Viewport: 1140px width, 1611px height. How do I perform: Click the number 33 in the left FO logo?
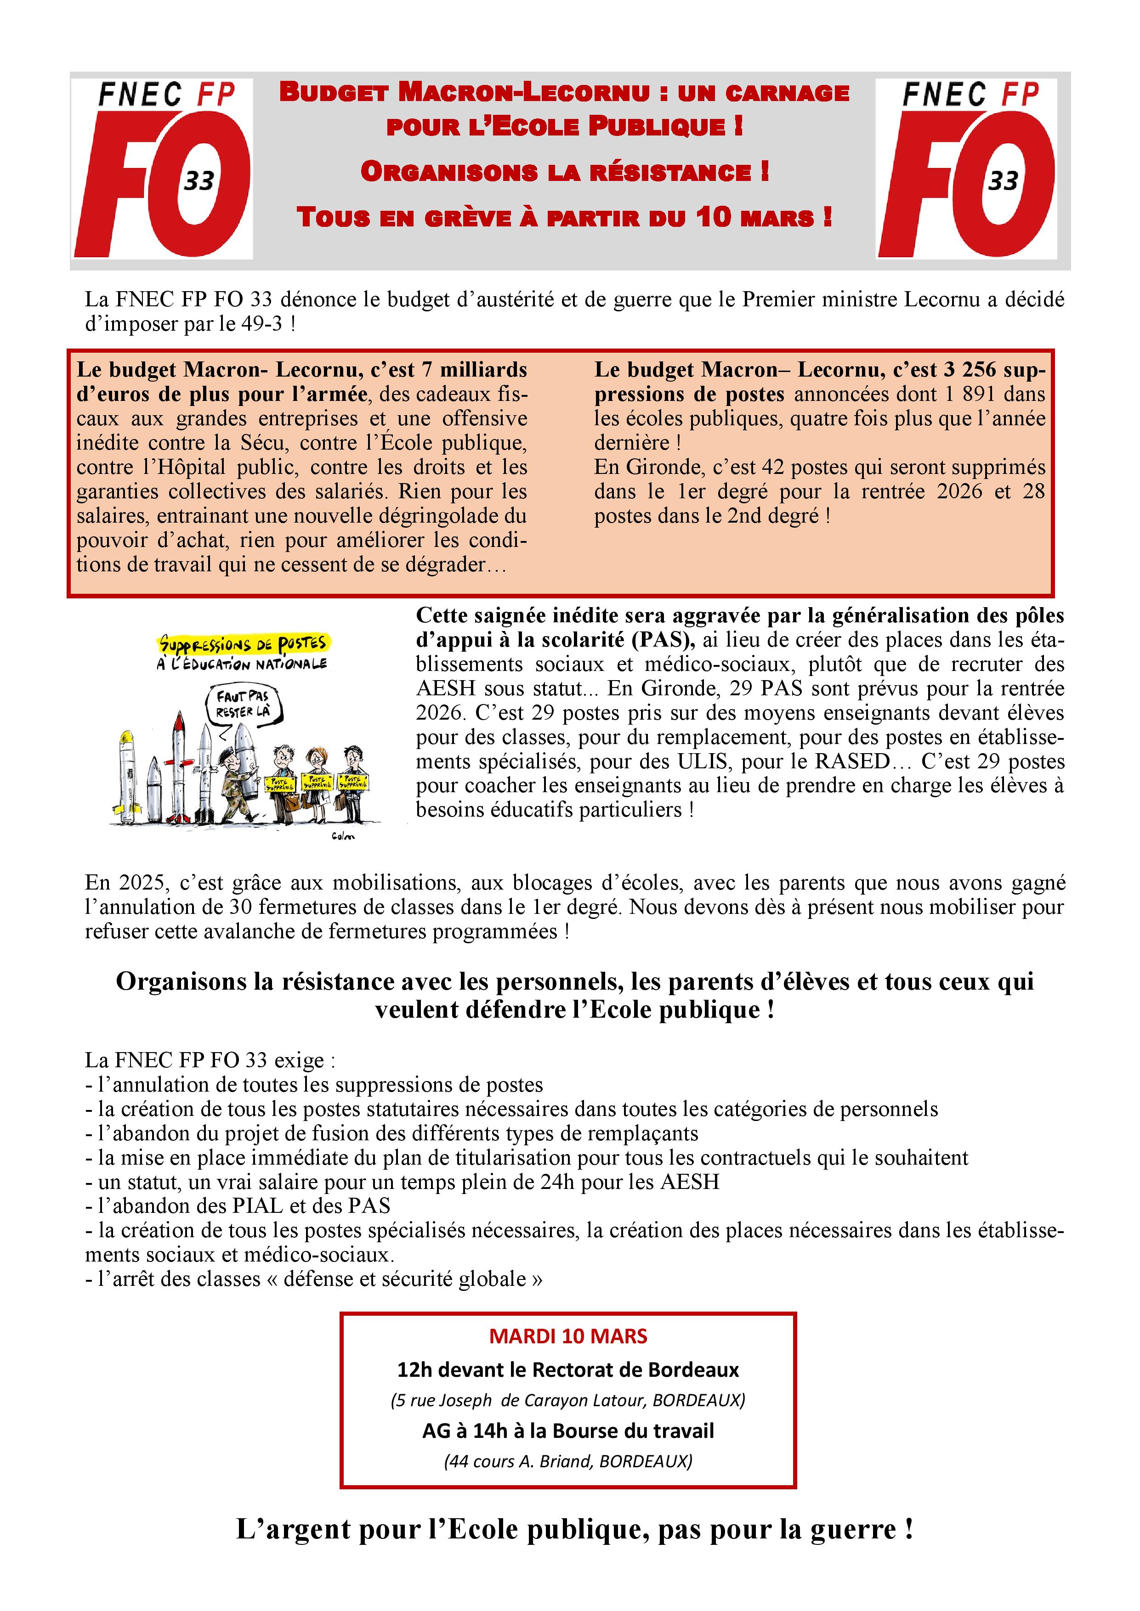coord(199,181)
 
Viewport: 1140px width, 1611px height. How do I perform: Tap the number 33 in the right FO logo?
coord(1003,181)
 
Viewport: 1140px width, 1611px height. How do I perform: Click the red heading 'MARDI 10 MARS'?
coord(568,1336)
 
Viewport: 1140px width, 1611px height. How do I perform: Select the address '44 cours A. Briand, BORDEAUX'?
coord(568,1462)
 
